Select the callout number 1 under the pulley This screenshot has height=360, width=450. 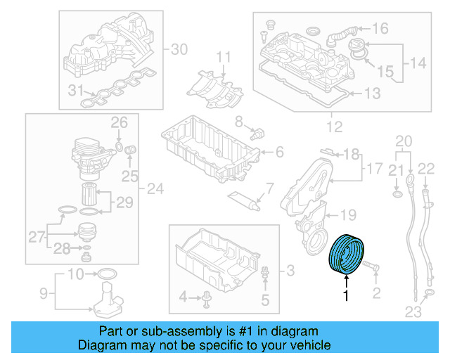pyautogui.click(x=345, y=297)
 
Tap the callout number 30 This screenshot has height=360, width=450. pyautogui.click(x=180, y=49)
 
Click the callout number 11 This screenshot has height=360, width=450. pyautogui.click(x=223, y=56)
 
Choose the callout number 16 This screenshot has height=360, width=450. pyautogui.click(x=380, y=29)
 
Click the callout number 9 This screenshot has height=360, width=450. pyautogui.click(x=42, y=292)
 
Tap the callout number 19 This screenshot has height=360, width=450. pyautogui.click(x=349, y=214)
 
